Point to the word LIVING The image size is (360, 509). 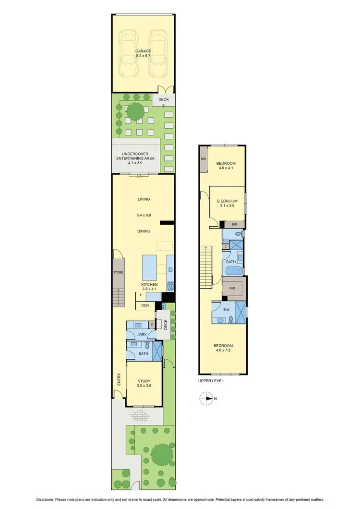tap(144, 199)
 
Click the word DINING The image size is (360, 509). tap(144, 231)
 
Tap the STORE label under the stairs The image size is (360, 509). tap(118, 272)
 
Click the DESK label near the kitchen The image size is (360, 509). tap(145, 305)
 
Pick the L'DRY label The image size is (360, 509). tap(141, 334)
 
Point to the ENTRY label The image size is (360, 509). tap(119, 379)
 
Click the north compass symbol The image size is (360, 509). tap(208, 398)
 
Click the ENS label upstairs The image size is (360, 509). tap(227, 310)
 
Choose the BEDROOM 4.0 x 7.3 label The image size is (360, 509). tap(223, 349)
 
